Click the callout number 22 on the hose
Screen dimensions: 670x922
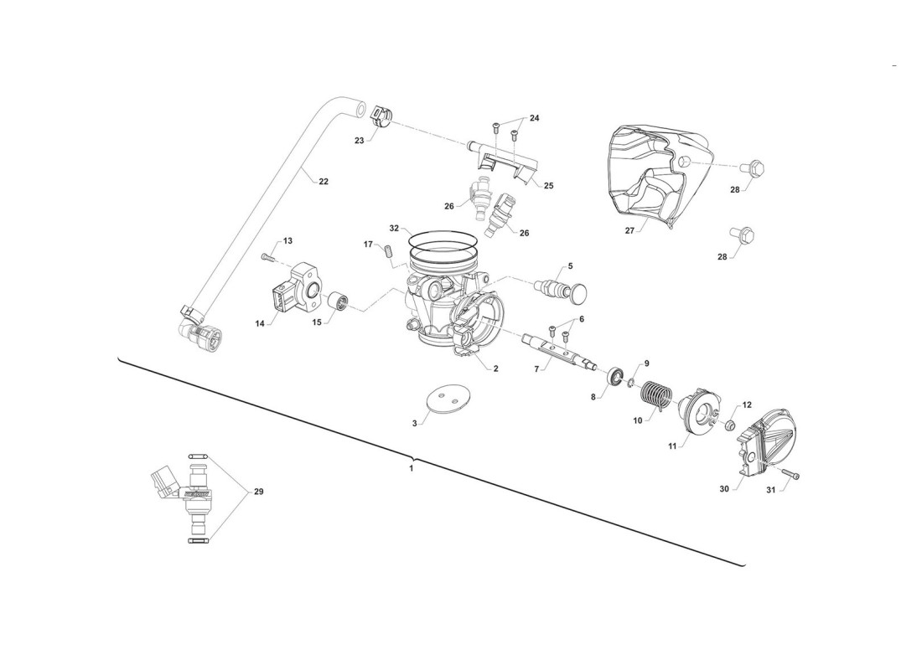[x=324, y=182]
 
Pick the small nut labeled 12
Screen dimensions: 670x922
[x=728, y=427]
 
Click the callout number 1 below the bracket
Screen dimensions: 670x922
[x=411, y=468]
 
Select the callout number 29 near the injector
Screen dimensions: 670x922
[x=258, y=492]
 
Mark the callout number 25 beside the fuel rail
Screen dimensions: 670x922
[x=548, y=185]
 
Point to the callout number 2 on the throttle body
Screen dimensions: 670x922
[x=495, y=368]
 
